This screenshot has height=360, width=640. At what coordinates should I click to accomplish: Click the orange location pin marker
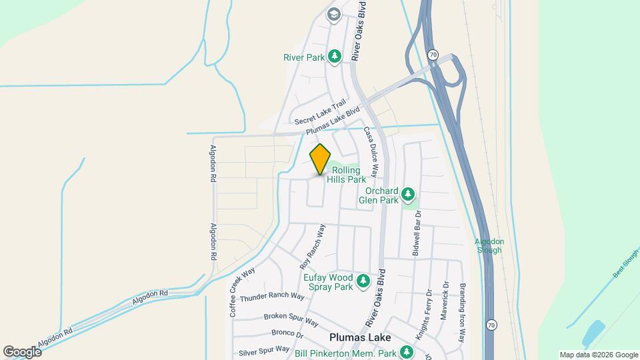[x=321, y=159]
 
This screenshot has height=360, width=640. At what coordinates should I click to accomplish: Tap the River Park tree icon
[x=335, y=57]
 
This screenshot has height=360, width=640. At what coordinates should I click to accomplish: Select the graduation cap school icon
[x=333, y=14]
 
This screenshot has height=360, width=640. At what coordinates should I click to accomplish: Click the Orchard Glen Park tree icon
[x=409, y=195]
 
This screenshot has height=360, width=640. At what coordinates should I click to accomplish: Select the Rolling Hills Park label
[x=349, y=175]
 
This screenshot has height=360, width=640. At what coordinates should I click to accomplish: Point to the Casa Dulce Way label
[x=371, y=151]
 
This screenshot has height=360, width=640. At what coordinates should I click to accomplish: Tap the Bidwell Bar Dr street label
[x=417, y=233]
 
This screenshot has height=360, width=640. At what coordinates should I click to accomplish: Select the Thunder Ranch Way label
[x=272, y=297]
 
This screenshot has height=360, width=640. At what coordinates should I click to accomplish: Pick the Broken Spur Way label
[x=291, y=318]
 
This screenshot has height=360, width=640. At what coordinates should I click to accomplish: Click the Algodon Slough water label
[x=489, y=245]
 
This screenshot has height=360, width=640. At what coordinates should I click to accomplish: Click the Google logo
[x=22, y=351]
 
